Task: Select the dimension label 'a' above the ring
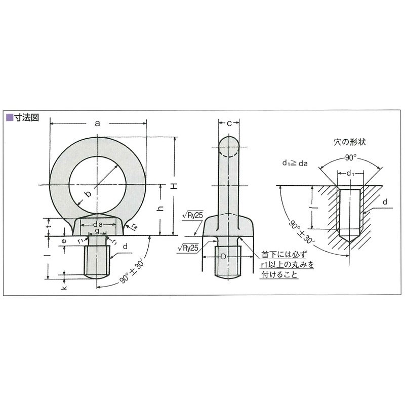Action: [98, 123]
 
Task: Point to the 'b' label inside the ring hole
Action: [87, 194]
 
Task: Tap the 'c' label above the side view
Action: [229, 123]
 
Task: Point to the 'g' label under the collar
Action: [97, 231]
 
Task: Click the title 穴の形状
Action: [349, 142]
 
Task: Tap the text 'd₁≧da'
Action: [295, 163]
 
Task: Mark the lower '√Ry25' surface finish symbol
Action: [188, 248]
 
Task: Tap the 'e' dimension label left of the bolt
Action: [63, 241]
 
